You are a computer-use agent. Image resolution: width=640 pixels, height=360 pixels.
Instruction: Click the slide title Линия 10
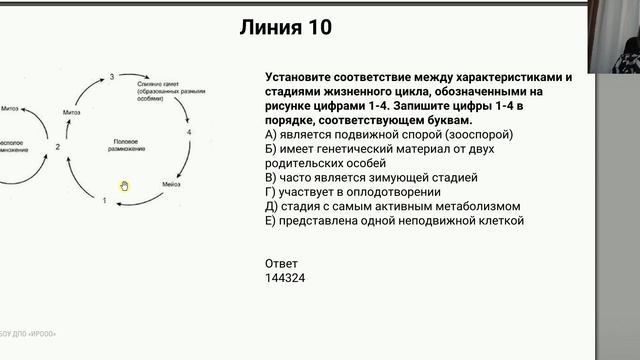click(284, 28)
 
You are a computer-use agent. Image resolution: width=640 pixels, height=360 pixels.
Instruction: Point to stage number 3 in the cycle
click(112, 77)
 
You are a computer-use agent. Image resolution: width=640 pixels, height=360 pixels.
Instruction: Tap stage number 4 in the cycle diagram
click(188, 132)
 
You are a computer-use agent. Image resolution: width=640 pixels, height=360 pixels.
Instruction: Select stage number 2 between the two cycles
click(58, 147)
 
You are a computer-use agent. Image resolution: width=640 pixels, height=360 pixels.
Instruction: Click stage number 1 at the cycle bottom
click(104, 201)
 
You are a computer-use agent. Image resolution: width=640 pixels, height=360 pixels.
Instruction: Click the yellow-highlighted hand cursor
click(124, 185)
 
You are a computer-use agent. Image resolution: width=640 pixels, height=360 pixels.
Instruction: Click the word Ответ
click(281, 262)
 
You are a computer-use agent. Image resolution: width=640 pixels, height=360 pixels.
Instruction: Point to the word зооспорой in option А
click(479, 133)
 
